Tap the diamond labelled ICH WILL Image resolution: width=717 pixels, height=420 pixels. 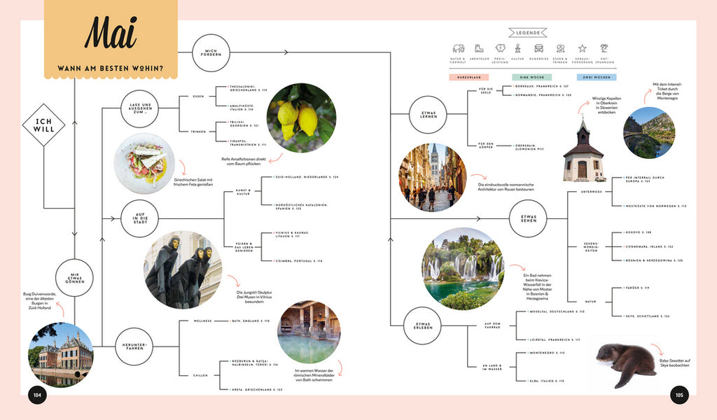43,125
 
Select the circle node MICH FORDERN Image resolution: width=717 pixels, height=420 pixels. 211,52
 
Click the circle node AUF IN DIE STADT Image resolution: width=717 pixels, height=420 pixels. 139,219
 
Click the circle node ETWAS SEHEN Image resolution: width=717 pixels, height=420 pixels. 528,220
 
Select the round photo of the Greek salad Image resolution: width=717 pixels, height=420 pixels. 144,163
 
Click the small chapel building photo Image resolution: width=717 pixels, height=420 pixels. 583,152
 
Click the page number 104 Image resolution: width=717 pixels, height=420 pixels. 37,395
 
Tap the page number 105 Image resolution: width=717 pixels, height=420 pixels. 678,395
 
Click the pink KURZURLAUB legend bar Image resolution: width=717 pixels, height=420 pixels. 468,77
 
